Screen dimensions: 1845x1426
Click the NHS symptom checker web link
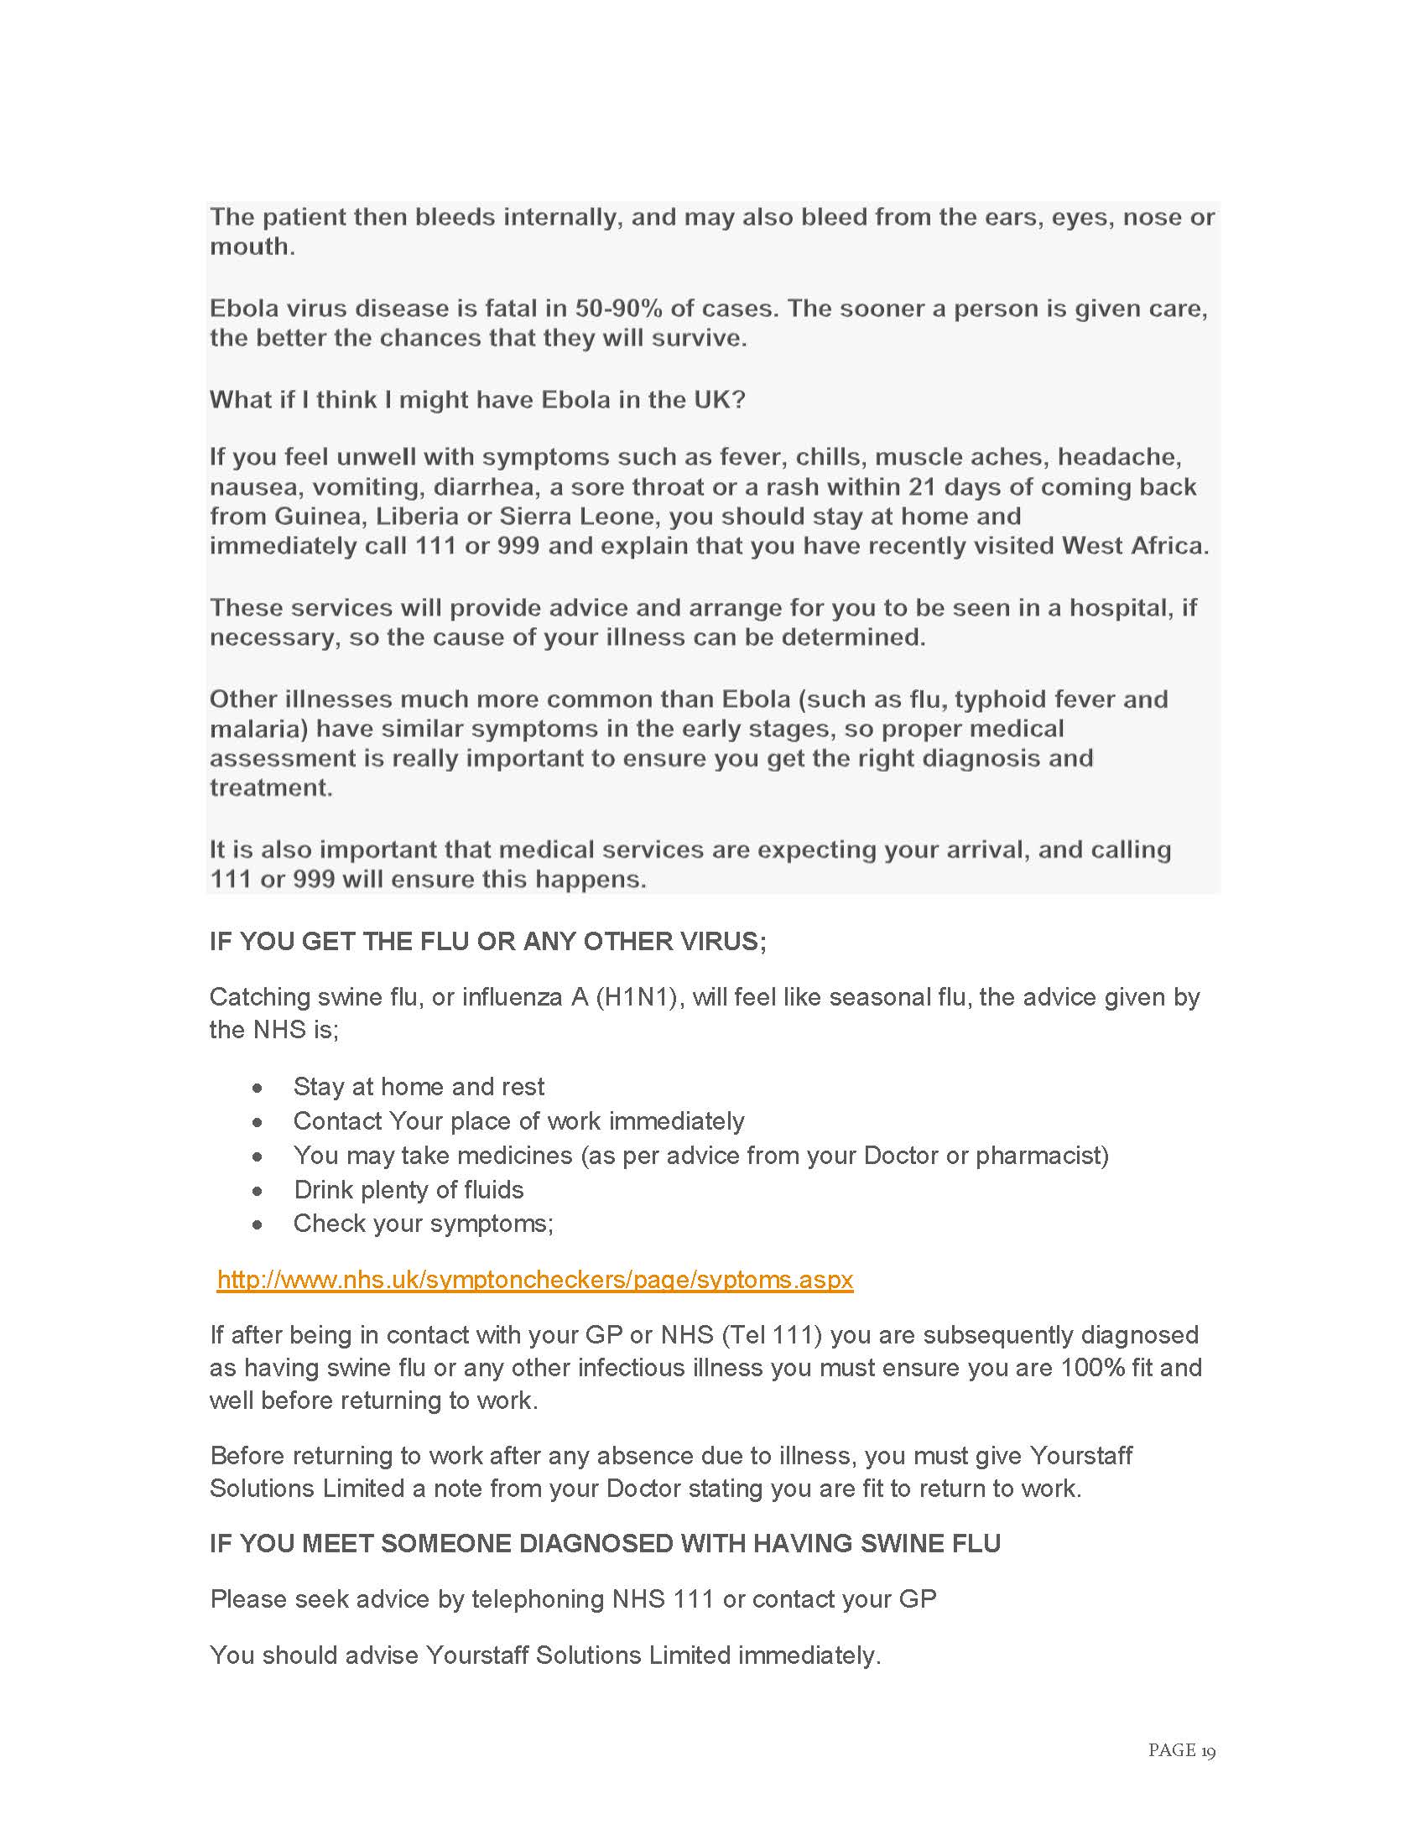[x=535, y=1279]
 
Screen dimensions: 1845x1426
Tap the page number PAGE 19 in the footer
[x=1181, y=1749]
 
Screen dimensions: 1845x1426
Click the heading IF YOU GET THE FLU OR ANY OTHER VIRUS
[x=487, y=941]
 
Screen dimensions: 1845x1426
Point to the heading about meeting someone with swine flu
[x=605, y=1543]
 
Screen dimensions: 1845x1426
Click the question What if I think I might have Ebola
[x=477, y=399]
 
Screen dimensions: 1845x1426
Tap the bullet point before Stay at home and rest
[x=258, y=1088]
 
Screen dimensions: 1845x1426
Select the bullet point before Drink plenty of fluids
[x=258, y=1191]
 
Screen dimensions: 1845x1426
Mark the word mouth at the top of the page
[x=251, y=247]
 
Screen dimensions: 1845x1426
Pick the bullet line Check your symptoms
[x=423, y=1224]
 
